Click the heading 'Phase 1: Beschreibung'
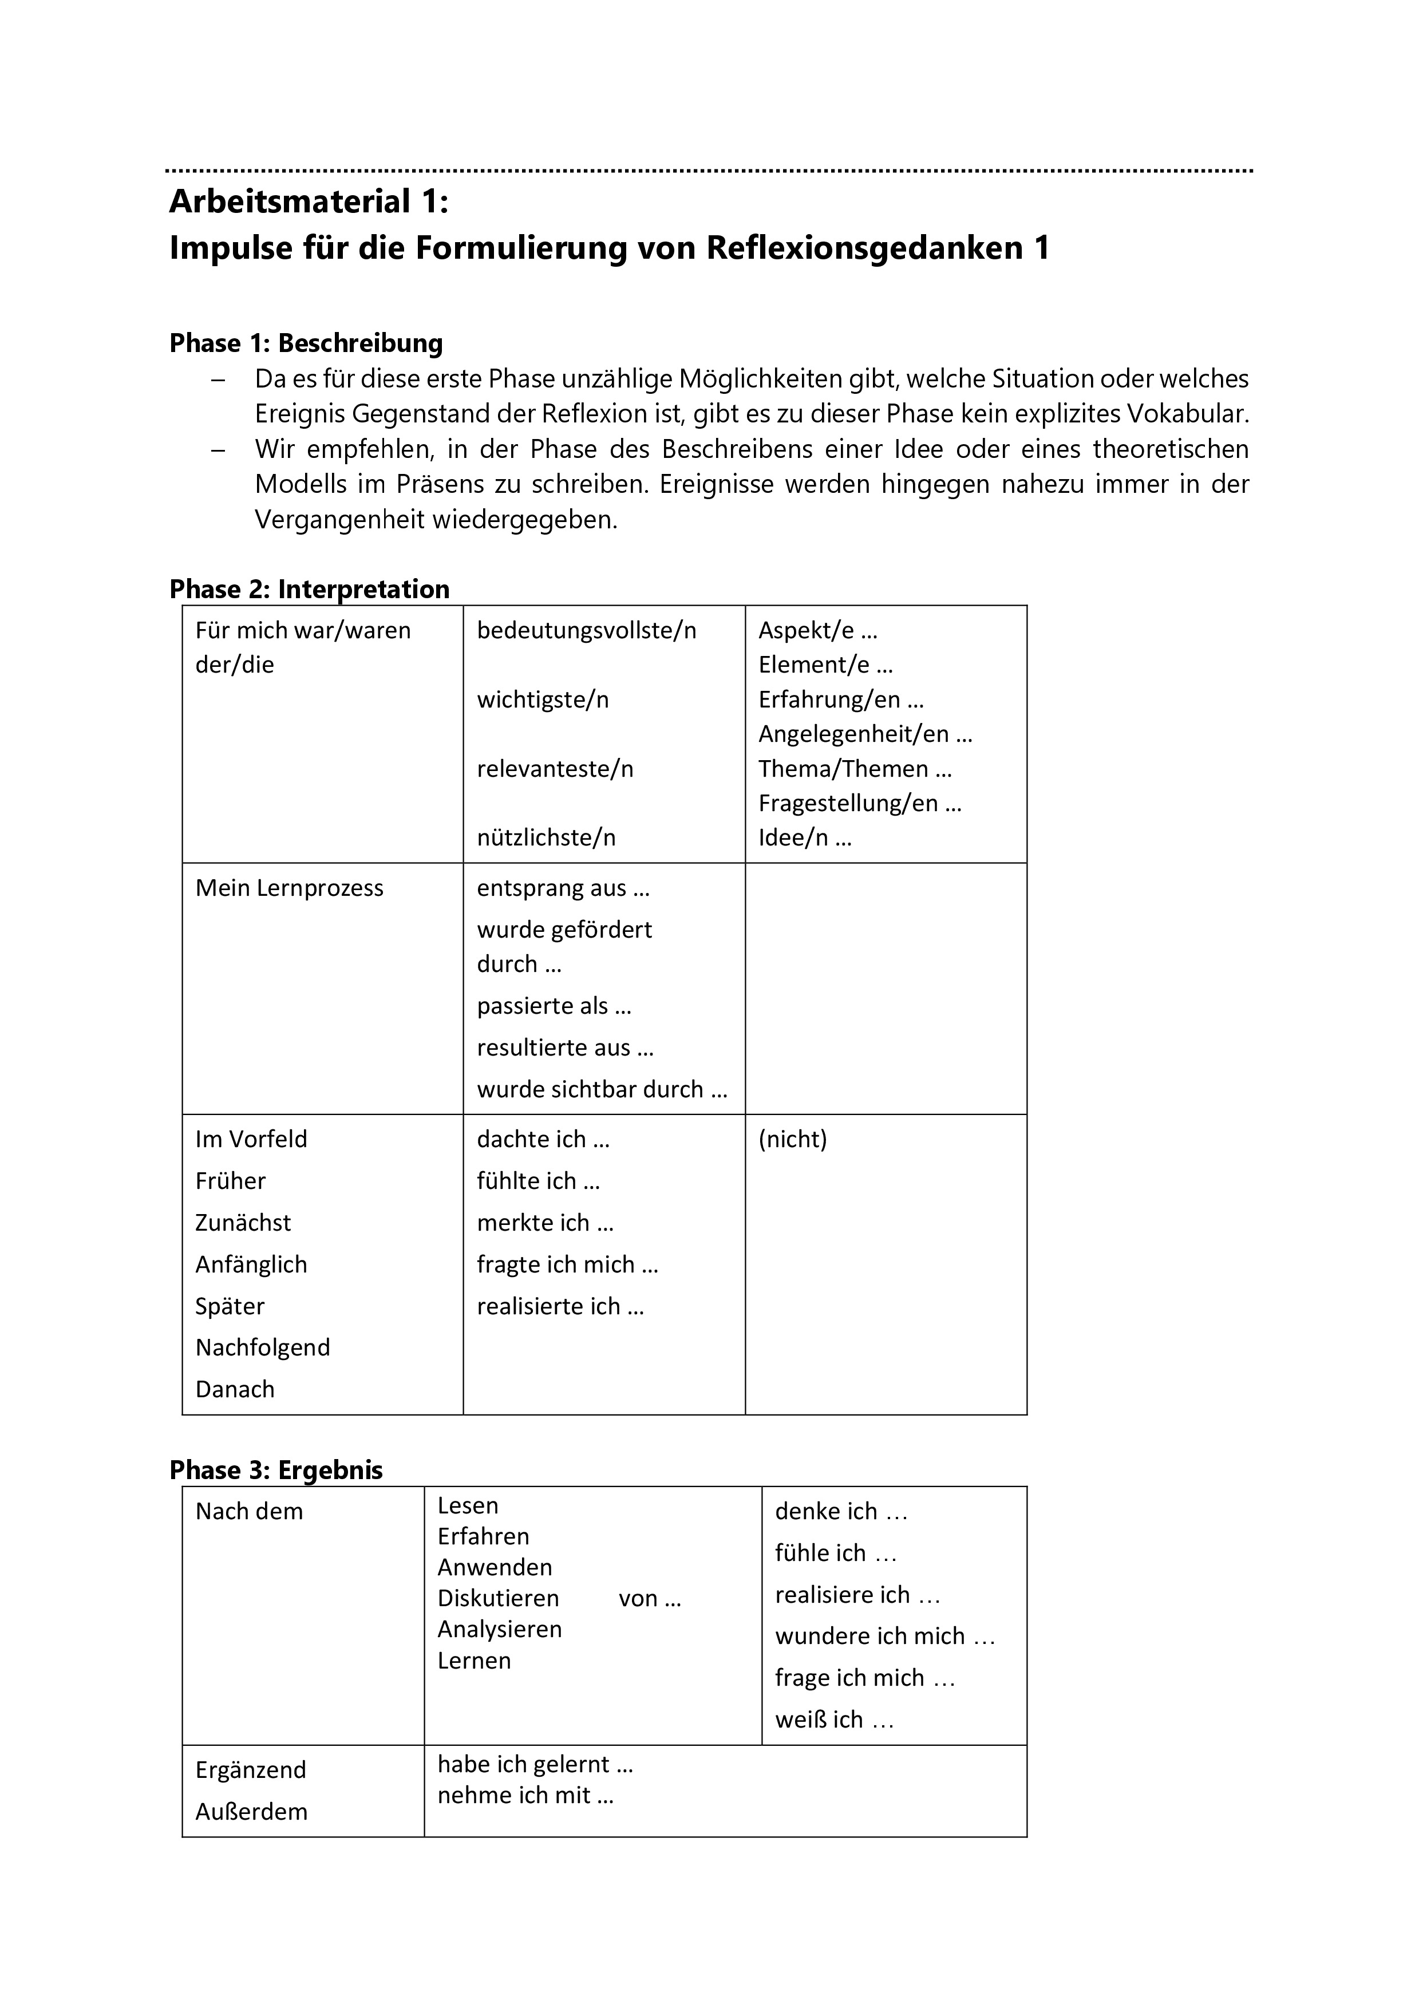click(306, 343)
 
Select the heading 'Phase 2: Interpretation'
click(310, 590)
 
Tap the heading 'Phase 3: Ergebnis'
click(276, 1470)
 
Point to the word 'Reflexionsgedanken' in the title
click(865, 248)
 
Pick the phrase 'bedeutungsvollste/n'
click(587, 631)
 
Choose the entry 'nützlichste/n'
click(547, 838)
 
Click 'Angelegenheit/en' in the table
click(853, 734)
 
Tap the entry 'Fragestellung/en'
click(848, 803)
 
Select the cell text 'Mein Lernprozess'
click(290, 888)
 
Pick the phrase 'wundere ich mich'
click(870, 1637)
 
